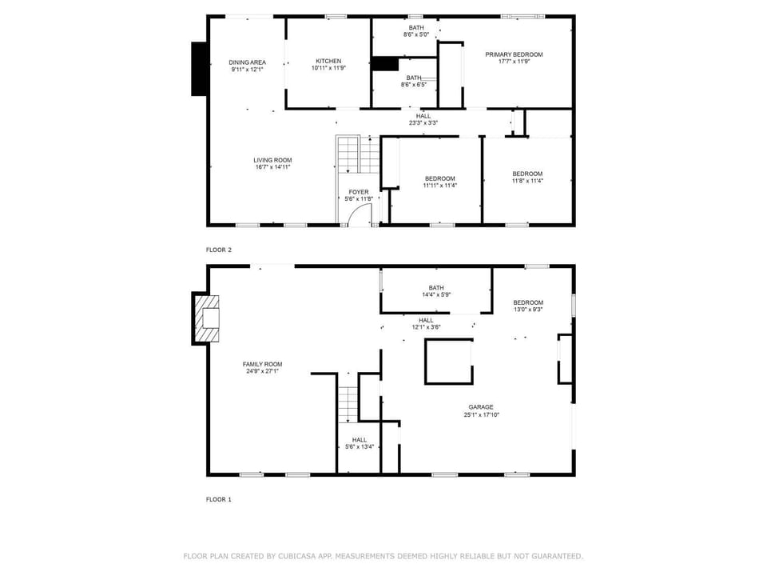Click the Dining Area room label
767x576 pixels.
(x=247, y=62)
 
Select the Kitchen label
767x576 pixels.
(x=328, y=61)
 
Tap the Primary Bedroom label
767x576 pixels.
(x=514, y=54)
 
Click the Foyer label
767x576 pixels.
(x=359, y=192)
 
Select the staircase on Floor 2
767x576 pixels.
(x=349, y=154)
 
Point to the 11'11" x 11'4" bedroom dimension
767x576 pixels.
(x=440, y=186)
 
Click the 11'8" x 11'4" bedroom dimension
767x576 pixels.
(x=527, y=181)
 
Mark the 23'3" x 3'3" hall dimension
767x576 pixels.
(x=423, y=122)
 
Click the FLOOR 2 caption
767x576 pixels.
(x=219, y=250)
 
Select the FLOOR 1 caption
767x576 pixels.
(x=219, y=500)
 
